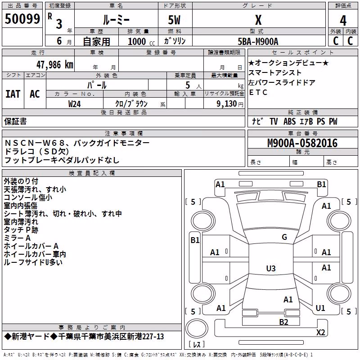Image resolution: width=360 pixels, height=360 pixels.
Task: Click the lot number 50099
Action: click(22, 19)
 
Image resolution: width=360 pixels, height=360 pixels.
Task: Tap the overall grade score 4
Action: click(343, 20)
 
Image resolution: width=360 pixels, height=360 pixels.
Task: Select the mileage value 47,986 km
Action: click(55, 65)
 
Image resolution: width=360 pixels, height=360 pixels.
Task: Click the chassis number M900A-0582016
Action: click(302, 143)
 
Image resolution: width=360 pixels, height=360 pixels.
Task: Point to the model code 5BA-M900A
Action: click(258, 41)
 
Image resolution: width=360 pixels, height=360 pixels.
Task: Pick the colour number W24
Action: click(74, 104)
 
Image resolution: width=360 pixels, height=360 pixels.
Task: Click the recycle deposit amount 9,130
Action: click(226, 104)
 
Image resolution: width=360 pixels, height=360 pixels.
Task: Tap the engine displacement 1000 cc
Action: click(141, 41)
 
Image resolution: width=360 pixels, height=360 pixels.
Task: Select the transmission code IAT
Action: click(13, 94)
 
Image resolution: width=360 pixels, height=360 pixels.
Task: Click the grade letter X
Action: click(258, 20)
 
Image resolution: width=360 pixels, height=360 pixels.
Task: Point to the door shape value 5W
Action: click(174, 20)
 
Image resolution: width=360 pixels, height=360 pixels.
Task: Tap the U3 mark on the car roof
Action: click(271, 268)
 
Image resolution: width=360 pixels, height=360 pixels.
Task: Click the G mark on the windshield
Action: click(284, 237)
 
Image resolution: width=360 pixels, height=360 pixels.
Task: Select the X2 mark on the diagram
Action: click(320, 332)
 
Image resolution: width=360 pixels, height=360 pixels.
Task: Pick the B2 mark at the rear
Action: click(283, 322)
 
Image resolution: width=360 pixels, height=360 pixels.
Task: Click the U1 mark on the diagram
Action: click(320, 308)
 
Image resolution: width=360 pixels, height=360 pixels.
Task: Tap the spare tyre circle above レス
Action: click(197, 328)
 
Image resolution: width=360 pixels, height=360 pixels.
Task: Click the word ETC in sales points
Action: click(258, 92)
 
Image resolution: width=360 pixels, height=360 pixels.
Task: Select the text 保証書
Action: click(15, 121)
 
